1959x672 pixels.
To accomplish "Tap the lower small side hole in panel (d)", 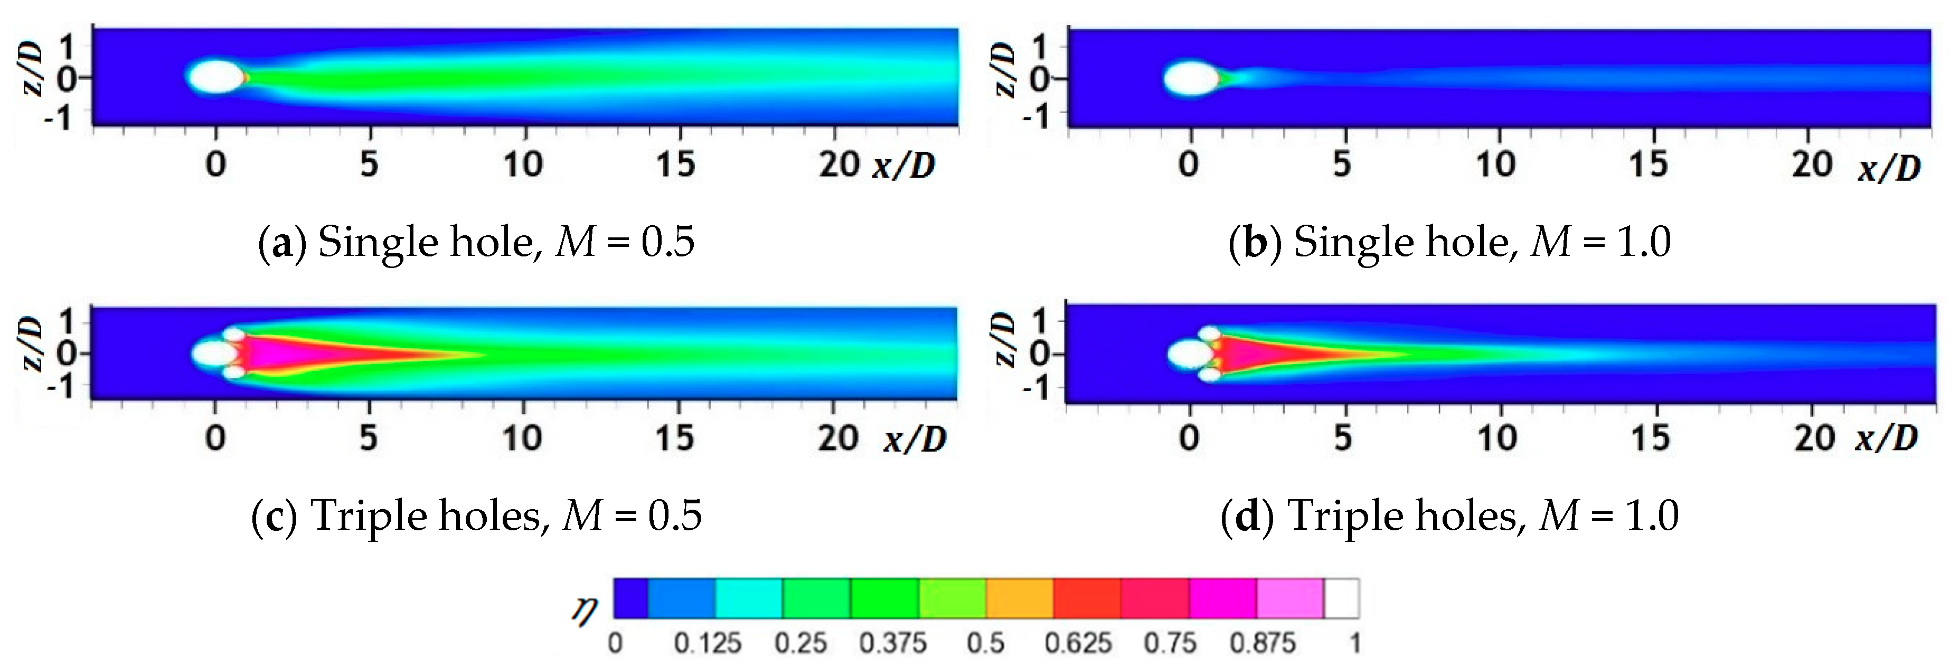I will [x=1209, y=374].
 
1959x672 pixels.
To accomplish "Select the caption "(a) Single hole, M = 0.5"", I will [x=476, y=243].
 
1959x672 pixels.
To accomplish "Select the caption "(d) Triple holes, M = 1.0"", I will [x=1449, y=516].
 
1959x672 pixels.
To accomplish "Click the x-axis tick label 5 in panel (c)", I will [x=369, y=438].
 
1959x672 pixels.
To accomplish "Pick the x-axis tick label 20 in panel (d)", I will [x=1814, y=438].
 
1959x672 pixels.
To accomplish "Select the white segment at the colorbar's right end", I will [x=1342, y=598].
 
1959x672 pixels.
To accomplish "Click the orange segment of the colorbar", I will [x=1019, y=598].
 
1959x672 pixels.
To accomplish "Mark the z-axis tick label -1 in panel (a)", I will [x=59, y=116].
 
